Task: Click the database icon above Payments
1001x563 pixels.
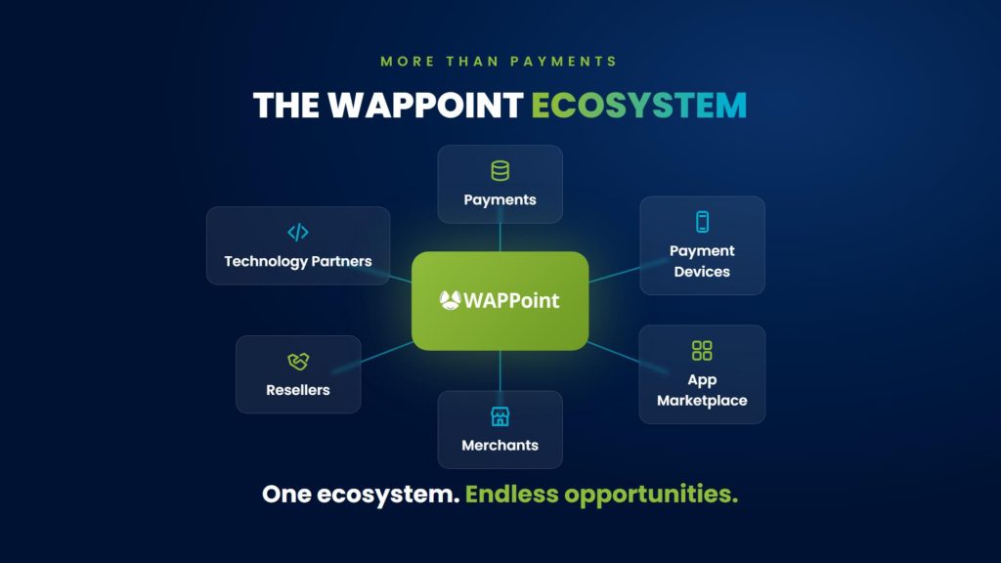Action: [500, 171]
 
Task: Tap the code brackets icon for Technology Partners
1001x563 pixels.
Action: [298, 233]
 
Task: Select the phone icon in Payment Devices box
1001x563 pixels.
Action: [702, 222]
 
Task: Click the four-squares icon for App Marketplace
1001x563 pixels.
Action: [702, 351]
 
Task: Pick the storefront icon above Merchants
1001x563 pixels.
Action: [500, 416]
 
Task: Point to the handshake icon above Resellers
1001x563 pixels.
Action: [298, 362]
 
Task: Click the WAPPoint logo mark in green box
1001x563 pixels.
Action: [450, 300]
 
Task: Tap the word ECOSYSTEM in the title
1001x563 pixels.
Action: [639, 106]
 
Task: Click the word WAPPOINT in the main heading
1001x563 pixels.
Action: [426, 106]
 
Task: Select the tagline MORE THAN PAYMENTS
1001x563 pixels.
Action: [500, 62]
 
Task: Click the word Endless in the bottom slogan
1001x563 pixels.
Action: [511, 494]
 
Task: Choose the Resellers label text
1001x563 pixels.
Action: [298, 390]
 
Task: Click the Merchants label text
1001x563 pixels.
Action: [500, 446]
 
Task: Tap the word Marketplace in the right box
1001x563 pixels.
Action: [702, 401]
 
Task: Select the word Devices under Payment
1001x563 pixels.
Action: [702, 272]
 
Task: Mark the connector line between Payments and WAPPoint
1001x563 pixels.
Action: [500, 237]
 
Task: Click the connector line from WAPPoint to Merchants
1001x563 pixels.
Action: [500, 370]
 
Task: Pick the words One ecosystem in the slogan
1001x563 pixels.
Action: [361, 494]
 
